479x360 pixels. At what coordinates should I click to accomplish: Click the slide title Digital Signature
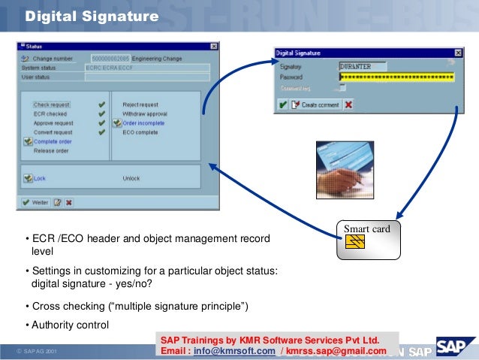pos(91,16)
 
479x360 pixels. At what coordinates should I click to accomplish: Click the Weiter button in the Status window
pos(35,202)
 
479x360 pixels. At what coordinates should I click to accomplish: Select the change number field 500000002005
pos(109,58)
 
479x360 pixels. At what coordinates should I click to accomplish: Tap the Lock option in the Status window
pos(40,179)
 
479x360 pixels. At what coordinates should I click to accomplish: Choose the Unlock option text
pos(131,179)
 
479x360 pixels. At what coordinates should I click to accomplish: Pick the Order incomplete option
pos(143,123)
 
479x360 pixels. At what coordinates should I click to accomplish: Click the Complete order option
pos(53,141)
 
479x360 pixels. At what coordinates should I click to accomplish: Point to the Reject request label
pos(140,104)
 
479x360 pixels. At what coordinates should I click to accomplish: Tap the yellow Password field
pos(396,77)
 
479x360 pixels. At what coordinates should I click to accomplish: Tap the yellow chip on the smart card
pos(355,241)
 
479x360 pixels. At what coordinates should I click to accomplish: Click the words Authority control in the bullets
pos(70,325)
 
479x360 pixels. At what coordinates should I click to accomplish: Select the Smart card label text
pos(366,228)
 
